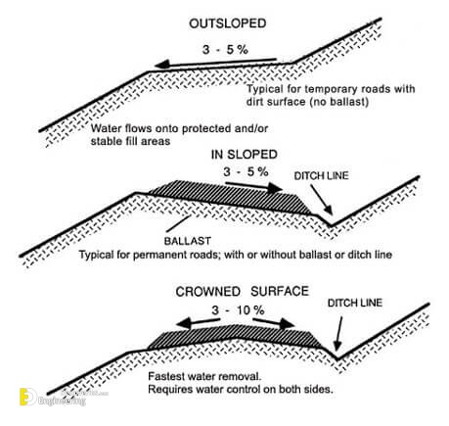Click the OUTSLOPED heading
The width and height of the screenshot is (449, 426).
point(228,24)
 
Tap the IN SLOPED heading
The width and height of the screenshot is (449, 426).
point(245,155)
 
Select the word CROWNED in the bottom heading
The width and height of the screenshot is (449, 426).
point(207,292)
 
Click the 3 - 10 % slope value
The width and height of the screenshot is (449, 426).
point(238,310)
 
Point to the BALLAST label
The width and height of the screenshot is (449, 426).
point(188,241)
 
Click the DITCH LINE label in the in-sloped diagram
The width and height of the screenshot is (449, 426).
point(321,176)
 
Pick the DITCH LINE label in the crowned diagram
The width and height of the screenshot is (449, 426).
point(355,303)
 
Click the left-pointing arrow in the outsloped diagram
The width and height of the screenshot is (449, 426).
point(216,63)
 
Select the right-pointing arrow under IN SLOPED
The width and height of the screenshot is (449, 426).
point(253,186)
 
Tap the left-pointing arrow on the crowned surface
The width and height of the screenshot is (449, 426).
point(199,322)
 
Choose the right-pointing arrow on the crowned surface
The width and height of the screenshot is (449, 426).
point(273,322)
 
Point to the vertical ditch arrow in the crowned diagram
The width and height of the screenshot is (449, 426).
point(339,333)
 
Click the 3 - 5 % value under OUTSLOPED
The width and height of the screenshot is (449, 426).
point(225,50)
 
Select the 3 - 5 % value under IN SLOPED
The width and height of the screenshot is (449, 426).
point(246,171)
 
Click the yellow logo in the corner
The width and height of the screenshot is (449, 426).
point(27,397)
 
